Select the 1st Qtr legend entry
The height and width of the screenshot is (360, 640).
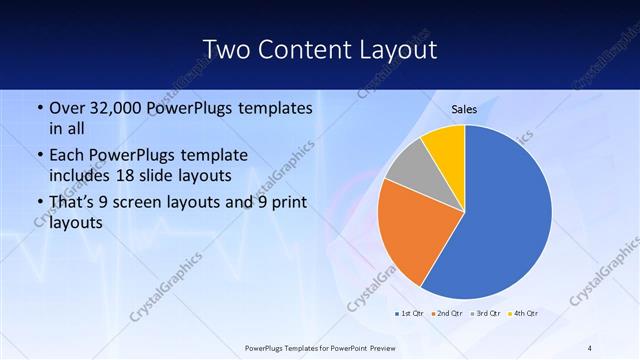409,313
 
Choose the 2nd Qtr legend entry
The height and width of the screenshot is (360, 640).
446,313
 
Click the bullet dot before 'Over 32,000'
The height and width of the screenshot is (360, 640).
39,108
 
